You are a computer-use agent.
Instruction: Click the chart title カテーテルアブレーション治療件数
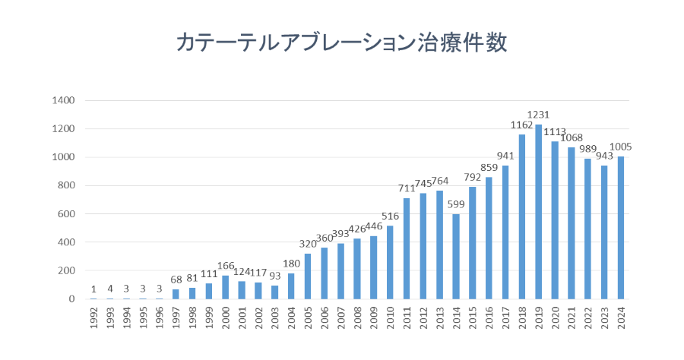click(341, 43)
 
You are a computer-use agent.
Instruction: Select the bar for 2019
click(538, 213)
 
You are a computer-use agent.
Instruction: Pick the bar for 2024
click(621, 228)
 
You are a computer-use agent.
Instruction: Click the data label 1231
click(538, 115)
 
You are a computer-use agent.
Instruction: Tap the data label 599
click(456, 205)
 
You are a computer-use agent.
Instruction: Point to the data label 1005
click(621, 147)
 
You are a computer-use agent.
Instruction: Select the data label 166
click(226, 267)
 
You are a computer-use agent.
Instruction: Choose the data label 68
click(176, 281)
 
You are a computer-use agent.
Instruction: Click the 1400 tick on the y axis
click(63, 100)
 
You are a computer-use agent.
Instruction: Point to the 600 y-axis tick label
click(65, 214)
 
